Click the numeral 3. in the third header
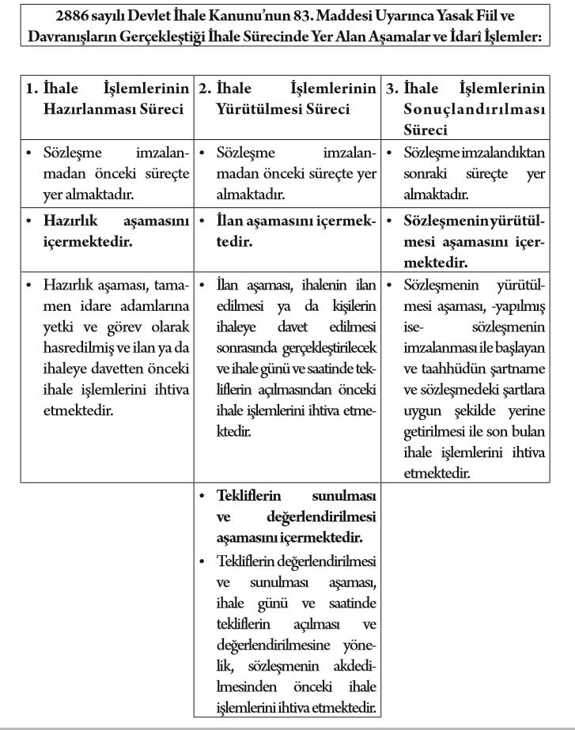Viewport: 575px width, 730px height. [392, 89]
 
